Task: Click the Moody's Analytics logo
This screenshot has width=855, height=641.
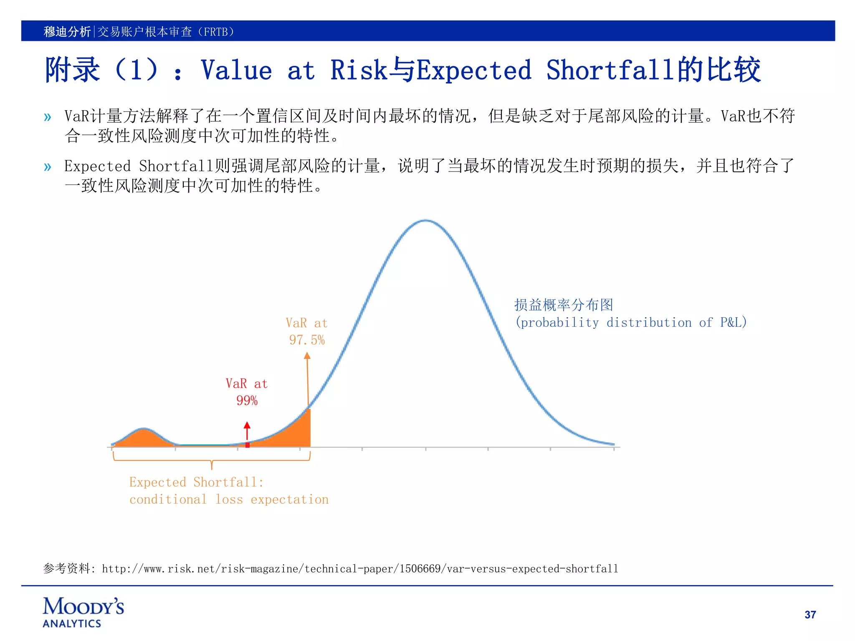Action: (83, 612)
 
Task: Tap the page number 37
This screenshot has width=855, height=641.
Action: (810, 615)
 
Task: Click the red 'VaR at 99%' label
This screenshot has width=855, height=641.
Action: (247, 392)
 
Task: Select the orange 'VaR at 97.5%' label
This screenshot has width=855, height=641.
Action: (307, 331)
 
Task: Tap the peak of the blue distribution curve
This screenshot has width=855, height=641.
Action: (425, 220)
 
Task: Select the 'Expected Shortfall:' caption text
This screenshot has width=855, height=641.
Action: (197, 482)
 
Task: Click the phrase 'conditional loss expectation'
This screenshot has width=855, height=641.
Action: (229, 500)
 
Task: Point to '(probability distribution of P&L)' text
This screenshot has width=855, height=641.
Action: (631, 323)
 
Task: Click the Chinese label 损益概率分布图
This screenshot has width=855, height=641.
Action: (564, 305)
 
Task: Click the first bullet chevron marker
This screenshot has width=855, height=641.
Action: (48, 117)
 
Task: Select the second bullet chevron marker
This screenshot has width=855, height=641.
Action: (48, 167)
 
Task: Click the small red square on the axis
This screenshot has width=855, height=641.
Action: (248, 445)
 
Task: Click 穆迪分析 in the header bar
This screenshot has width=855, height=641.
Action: (67, 32)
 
